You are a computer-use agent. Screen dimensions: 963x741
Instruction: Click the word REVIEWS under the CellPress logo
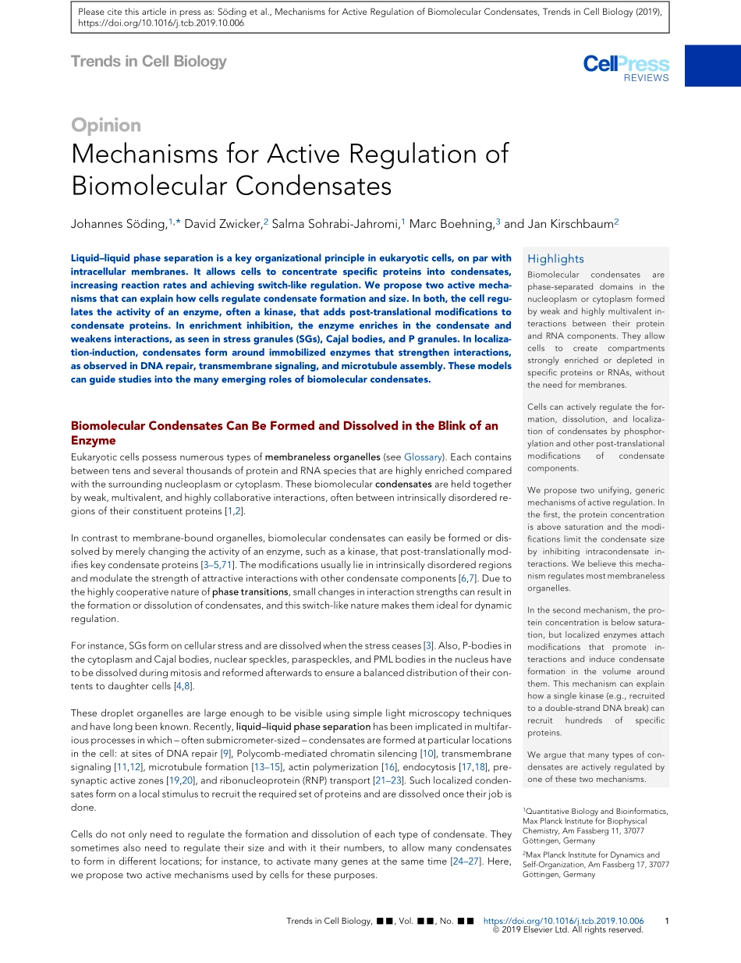click(x=646, y=78)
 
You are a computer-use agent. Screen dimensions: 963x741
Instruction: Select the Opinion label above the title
click(x=106, y=126)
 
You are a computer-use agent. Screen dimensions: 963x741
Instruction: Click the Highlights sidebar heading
click(x=555, y=259)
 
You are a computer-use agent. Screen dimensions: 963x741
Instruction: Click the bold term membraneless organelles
click(x=332, y=457)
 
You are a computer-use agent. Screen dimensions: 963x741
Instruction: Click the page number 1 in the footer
click(x=666, y=922)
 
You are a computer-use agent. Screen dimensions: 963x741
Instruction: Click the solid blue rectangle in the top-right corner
click(x=713, y=66)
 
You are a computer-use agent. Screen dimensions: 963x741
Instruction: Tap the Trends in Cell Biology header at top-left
click(x=148, y=62)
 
